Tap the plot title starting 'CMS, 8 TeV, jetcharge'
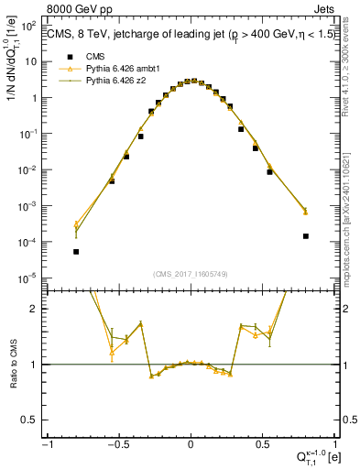click(x=183, y=35)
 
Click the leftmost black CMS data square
click(x=76, y=251)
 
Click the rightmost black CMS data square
click(x=305, y=235)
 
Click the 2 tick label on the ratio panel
click(x=37, y=309)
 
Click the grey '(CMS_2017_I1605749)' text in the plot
click(x=190, y=274)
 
